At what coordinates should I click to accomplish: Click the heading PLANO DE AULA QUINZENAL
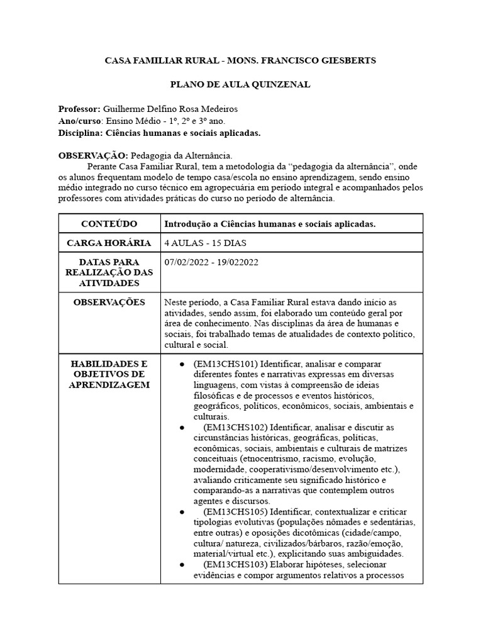pos(241,84)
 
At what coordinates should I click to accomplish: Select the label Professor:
pos(83,109)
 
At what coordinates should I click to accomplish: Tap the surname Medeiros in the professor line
pos(215,109)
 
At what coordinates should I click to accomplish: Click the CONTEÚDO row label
pos(109,225)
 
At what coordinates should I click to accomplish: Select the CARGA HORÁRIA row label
pos(109,243)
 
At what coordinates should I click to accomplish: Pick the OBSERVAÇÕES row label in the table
pos(109,303)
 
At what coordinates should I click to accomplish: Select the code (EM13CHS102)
pos(231,427)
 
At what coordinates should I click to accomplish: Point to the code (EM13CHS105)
pos(231,512)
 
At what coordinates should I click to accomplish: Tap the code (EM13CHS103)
pos(231,565)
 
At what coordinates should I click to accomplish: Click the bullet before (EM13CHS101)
pos(182,365)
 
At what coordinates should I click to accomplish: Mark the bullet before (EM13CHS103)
pos(182,565)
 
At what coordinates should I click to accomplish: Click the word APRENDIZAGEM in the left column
pos(109,385)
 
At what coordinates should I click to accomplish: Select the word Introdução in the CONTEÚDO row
pos(186,225)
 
